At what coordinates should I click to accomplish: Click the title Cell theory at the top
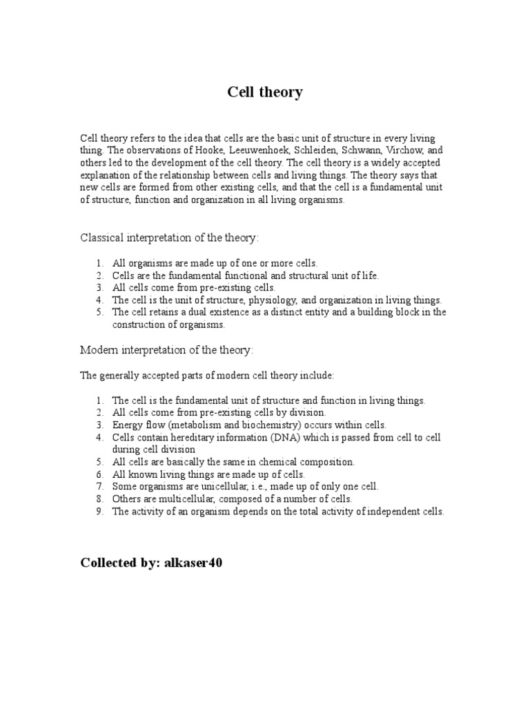tap(265, 92)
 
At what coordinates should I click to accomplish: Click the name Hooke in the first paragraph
tap(196, 151)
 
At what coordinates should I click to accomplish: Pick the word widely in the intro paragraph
tap(371, 163)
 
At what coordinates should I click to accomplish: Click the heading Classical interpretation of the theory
tap(170, 238)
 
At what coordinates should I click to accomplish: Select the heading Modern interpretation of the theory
tap(167, 351)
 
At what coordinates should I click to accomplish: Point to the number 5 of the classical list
tap(99, 312)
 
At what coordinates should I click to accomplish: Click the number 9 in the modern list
tap(99, 511)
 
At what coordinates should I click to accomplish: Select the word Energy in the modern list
tap(126, 425)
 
